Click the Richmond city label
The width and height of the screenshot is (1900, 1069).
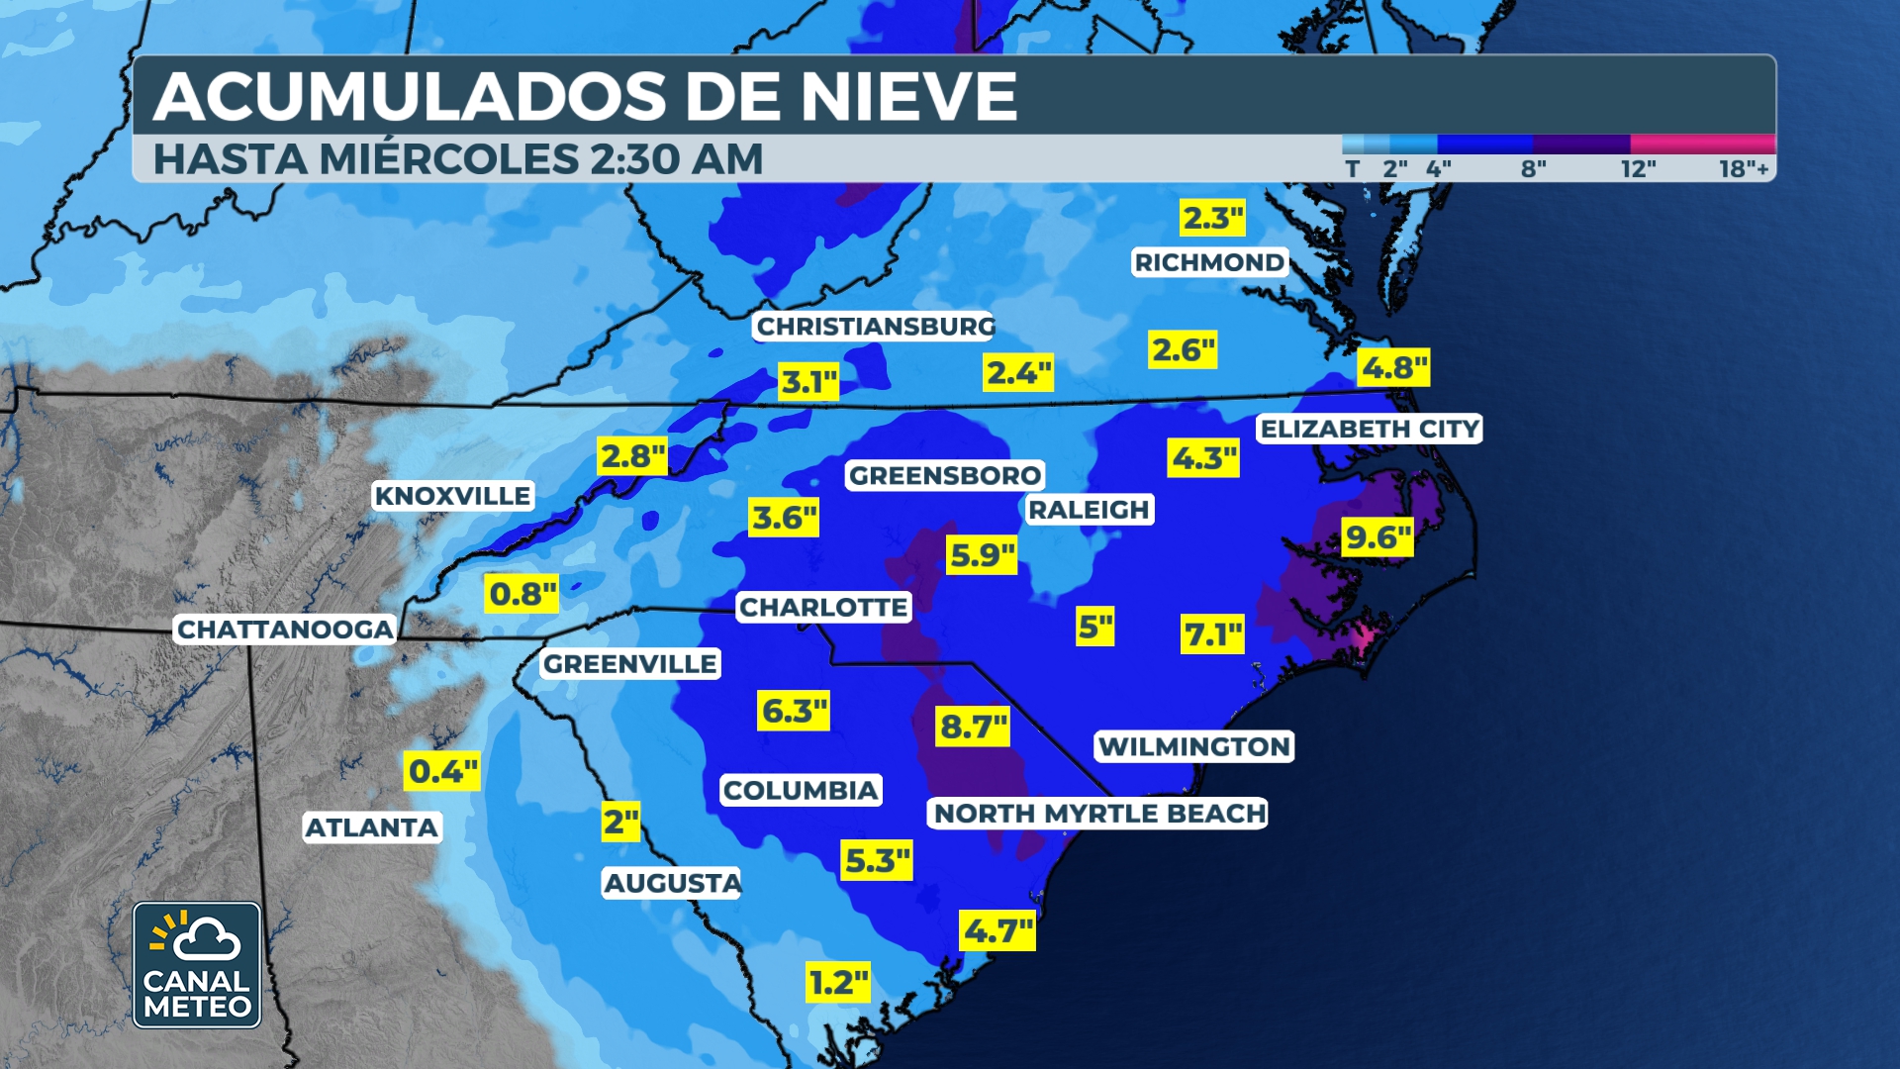click(x=1209, y=262)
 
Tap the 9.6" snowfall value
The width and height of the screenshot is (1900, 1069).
click(x=1377, y=537)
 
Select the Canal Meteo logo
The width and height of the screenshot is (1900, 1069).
click(x=197, y=965)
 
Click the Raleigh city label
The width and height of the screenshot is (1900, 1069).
click(x=1089, y=510)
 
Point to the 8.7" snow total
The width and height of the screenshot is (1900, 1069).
click(x=973, y=727)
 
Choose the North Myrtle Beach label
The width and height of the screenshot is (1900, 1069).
click(x=1099, y=814)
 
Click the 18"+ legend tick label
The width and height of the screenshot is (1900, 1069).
click(x=1743, y=169)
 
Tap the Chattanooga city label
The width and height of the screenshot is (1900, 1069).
click(x=285, y=630)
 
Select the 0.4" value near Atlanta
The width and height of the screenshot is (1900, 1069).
click(x=442, y=771)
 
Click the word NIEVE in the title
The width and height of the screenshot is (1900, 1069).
click(x=908, y=97)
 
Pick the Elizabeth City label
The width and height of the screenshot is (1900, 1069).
click(x=1370, y=429)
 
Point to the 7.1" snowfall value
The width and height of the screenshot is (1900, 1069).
click(x=1213, y=634)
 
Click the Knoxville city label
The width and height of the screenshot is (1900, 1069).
click(x=453, y=496)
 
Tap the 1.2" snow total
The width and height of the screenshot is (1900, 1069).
click(x=838, y=983)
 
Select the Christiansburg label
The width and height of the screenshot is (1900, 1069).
click(x=875, y=327)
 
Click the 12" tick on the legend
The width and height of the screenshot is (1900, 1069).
click(x=1638, y=169)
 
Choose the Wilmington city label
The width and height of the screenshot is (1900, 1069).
click(x=1194, y=746)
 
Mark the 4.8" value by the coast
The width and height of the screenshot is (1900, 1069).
click(x=1394, y=368)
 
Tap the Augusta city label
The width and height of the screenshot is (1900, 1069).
click(x=672, y=883)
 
